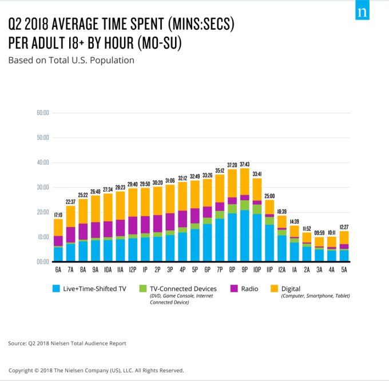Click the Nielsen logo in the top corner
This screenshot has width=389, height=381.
click(362, 13)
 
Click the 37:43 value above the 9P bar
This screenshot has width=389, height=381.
click(245, 164)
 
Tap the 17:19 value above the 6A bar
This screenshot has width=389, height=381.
click(58, 215)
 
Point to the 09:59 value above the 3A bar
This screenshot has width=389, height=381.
click(319, 233)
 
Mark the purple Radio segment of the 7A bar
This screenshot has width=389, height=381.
click(70, 235)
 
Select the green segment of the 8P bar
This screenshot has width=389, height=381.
click(232, 209)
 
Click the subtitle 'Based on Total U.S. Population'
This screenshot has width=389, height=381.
click(71, 60)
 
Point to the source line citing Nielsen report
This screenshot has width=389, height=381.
click(67, 343)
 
